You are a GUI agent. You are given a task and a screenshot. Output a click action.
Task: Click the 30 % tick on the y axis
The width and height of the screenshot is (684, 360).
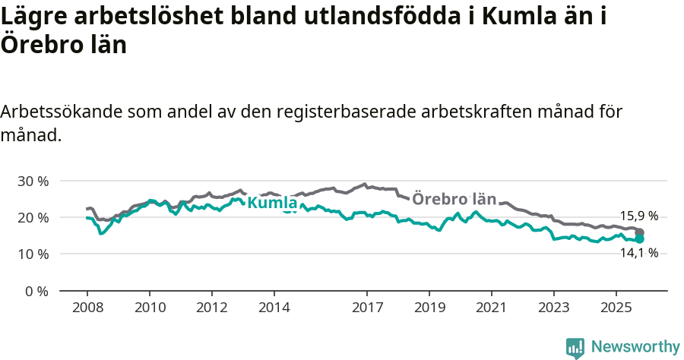pyautogui.click(x=33, y=181)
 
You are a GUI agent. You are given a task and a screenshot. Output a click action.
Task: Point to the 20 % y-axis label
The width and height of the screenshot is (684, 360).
pyautogui.click(x=33, y=217)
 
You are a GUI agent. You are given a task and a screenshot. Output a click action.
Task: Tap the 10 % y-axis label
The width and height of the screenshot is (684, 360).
pyautogui.click(x=33, y=254)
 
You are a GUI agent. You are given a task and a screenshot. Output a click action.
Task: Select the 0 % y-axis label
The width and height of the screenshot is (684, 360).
pyautogui.click(x=36, y=291)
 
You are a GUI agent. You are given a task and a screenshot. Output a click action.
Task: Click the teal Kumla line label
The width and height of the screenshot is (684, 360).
pyautogui.click(x=272, y=204)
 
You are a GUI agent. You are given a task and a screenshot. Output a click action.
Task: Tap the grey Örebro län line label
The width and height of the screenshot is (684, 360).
pyautogui.click(x=454, y=199)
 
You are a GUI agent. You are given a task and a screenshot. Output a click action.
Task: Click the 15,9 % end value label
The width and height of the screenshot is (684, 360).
pyautogui.click(x=638, y=216)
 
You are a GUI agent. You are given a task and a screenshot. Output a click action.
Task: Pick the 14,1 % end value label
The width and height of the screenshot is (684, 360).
pyautogui.click(x=638, y=253)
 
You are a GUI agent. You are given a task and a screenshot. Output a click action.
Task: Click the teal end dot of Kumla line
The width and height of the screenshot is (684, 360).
pyautogui.click(x=640, y=238)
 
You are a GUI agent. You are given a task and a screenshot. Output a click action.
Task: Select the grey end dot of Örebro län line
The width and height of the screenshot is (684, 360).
pyautogui.click(x=640, y=232)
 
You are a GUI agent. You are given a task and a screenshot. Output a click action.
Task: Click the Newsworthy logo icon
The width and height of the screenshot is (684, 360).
pyautogui.click(x=575, y=347)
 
